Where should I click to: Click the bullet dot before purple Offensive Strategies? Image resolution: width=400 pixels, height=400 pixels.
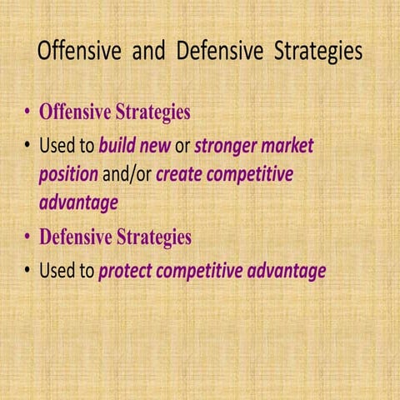pyautogui.click(x=27, y=112)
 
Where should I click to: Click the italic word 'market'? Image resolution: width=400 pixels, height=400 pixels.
pyautogui.click(x=287, y=147)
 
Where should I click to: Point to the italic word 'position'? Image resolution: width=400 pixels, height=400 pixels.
pyautogui.click(x=67, y=175)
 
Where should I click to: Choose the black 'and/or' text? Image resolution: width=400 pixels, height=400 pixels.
pyautogui.click(x=126, y=175)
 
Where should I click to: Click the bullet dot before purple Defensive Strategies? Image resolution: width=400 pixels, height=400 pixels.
pyautogui.click(x=27, y=237)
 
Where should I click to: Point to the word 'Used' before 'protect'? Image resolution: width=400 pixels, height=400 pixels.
pyautogui.click(x=57, y=271)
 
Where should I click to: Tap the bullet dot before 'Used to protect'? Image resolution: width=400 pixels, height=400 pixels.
pyautogui.click(x=28, y=272)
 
